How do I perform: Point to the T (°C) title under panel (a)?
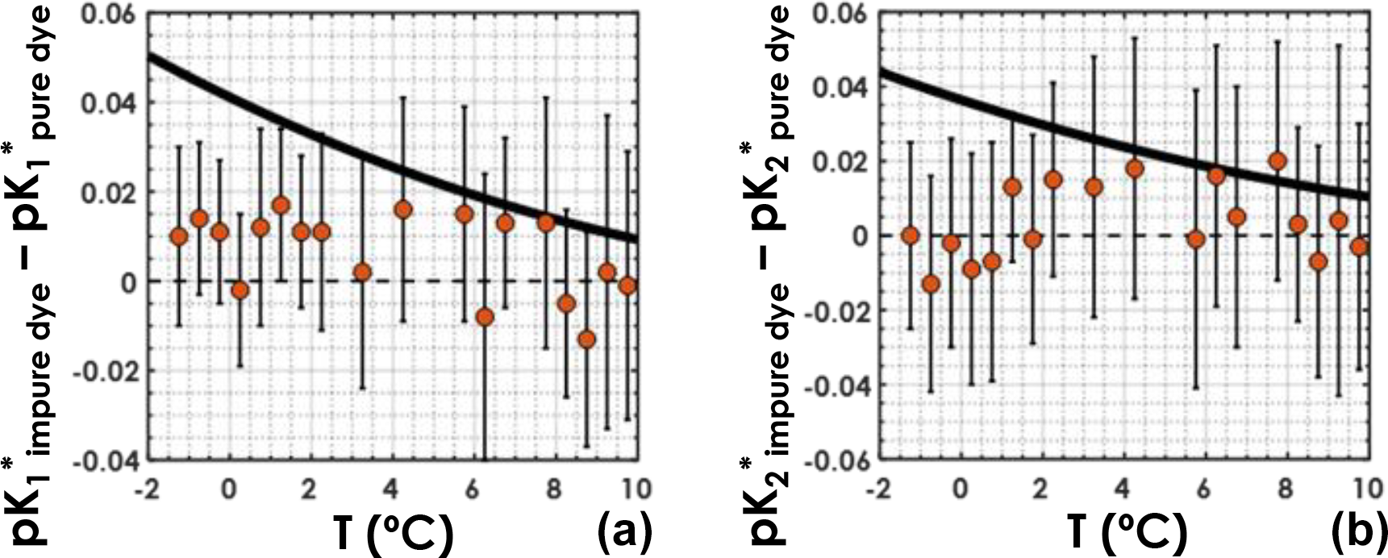393,532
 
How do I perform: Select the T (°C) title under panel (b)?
1127,532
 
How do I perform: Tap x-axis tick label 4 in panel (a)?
401,489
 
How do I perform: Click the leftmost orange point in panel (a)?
179,237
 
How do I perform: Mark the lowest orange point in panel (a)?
586,339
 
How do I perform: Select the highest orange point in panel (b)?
1277,161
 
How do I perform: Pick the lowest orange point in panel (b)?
931,284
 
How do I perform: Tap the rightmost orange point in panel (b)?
1359,247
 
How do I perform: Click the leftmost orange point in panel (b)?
911,235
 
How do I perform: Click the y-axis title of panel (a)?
34,279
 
